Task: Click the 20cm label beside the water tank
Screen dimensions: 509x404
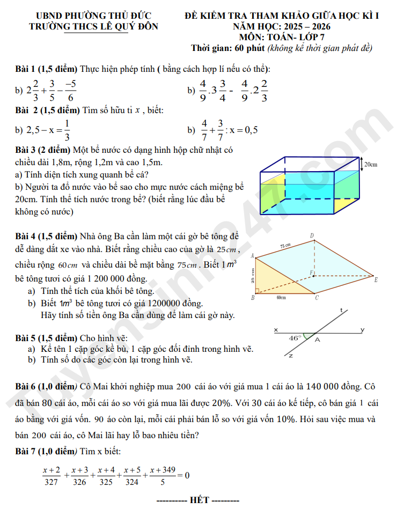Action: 370,164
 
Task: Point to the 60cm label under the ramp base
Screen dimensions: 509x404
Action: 281,297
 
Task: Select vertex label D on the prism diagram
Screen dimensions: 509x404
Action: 312,235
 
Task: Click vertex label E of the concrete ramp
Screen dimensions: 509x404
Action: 376,279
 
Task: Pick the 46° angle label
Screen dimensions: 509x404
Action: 295,338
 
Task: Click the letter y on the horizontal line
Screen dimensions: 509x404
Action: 362,329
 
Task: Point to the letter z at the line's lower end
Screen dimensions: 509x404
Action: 290,356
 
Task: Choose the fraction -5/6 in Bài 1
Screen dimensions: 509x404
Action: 70,91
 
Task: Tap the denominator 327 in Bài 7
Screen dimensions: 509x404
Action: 51,482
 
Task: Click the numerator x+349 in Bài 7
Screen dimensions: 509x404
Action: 163,470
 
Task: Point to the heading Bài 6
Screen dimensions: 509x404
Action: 28,386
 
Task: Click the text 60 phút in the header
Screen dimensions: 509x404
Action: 249,48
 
